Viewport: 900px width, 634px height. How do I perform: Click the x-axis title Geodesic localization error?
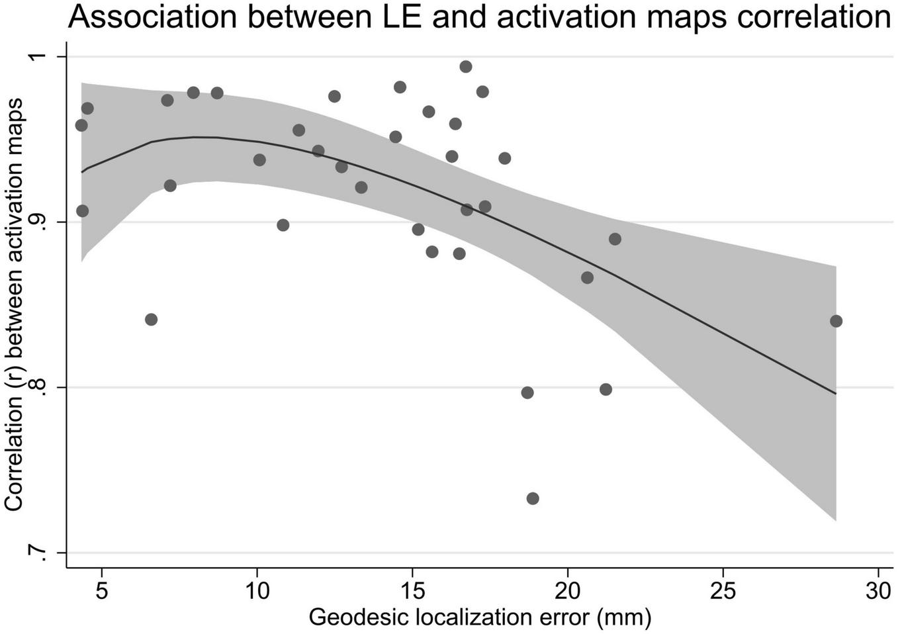pos(480,617)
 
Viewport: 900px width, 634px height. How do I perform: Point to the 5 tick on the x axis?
pos(101,590)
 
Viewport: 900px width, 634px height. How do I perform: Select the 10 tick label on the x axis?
pos(257,590)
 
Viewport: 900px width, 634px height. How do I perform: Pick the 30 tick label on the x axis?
pos(878,590)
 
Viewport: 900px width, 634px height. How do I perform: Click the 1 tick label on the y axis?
pos(41,57)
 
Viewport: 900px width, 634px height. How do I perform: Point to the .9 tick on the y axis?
pos(41,222)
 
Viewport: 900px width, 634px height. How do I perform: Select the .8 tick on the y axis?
pos(41,388)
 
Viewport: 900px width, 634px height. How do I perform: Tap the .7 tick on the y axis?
pos(41,553)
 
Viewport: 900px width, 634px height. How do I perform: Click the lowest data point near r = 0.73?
pos(533,498)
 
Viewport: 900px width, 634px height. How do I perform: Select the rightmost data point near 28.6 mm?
pos(836,321)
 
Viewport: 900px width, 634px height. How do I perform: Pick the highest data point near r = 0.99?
pos(466,66)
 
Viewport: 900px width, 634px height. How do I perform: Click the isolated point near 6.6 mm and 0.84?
pos(151,320)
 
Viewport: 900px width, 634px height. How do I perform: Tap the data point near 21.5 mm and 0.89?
pos(615,239)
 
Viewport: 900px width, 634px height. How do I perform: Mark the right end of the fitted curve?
pos(836,393)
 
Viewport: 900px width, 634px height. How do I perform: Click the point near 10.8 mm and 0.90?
pos(283,225)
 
